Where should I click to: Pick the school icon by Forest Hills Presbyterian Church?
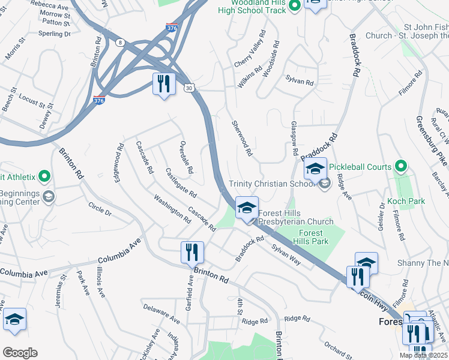(x=246, y=208)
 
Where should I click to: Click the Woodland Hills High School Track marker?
(x=294, y=7)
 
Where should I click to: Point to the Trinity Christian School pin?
(x=325, y=184)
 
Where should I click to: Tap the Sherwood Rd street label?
(x=242, y=138)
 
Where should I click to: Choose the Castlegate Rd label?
(x=181, y=183)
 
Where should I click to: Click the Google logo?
(x=20, y=353)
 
